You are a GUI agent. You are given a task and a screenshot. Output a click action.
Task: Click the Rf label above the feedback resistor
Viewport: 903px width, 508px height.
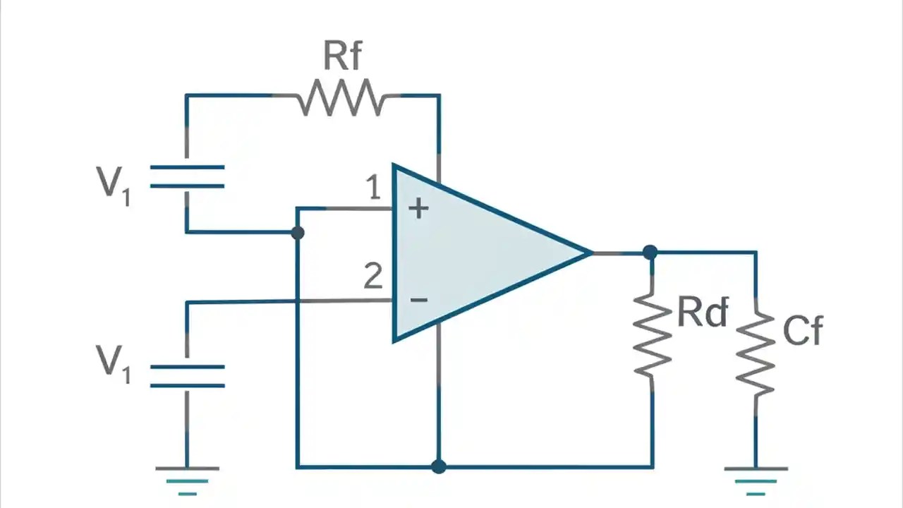click(x=343, y=56)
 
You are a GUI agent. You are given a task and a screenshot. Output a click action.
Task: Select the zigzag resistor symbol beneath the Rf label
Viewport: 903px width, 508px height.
click(x=341, y=98)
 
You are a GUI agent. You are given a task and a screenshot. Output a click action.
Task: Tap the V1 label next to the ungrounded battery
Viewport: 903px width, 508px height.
click(x=113, y=182)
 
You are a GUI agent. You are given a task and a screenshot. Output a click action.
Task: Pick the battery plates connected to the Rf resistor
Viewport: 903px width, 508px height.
click(x=187, y=176)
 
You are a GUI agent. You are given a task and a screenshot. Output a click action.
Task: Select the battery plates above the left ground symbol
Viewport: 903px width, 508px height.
click(x=187, y=376)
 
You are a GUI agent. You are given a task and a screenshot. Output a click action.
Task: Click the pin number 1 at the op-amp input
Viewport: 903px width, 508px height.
click(x=373, y=188)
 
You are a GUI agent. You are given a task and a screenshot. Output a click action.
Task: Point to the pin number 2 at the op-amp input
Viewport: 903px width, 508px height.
click(x=373, y=277)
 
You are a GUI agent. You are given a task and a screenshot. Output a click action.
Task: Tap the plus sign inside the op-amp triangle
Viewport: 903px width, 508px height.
click(x=418, y=208)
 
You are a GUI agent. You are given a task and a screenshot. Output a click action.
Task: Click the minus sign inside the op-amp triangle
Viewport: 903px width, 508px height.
click(x=418, y=300)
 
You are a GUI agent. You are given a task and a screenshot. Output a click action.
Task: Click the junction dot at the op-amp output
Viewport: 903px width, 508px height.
click(x=650, y=252)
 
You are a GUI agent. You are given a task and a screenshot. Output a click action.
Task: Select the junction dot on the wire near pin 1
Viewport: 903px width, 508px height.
click(x=298, y=232)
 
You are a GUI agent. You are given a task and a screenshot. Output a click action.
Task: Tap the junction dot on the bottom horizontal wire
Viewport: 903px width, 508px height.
click(x=438, y=466)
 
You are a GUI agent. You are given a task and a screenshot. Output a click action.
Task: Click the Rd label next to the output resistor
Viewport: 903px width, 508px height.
click(x=702, y=313)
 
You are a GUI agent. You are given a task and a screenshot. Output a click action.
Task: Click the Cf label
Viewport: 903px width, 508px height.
click(x=803, y=329)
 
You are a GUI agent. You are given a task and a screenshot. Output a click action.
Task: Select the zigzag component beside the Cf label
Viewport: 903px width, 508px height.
click(x=756, y=351)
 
